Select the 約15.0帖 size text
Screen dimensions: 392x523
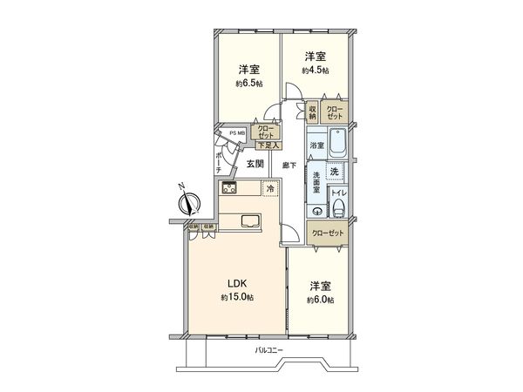pyautogui.click(x=238, y=298)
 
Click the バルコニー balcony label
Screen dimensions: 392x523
pyautogui.click(x=272, y=351)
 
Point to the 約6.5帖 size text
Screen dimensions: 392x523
pyautogui.click(x=248, y=84)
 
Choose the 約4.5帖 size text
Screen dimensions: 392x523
pyautogui.click(x=316, y=70)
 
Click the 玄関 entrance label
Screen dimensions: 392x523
pyautogui.click(x=255, y=163)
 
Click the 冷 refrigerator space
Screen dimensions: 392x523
pyautogui.click(x=271, y=188)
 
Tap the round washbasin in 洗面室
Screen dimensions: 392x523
pyautogui.click(x=316, y=210)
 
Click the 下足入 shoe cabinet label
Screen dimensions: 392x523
pyautogui.click(x=267, y=145)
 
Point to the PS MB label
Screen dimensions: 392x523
pyautogui.click(x=236, y=133)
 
